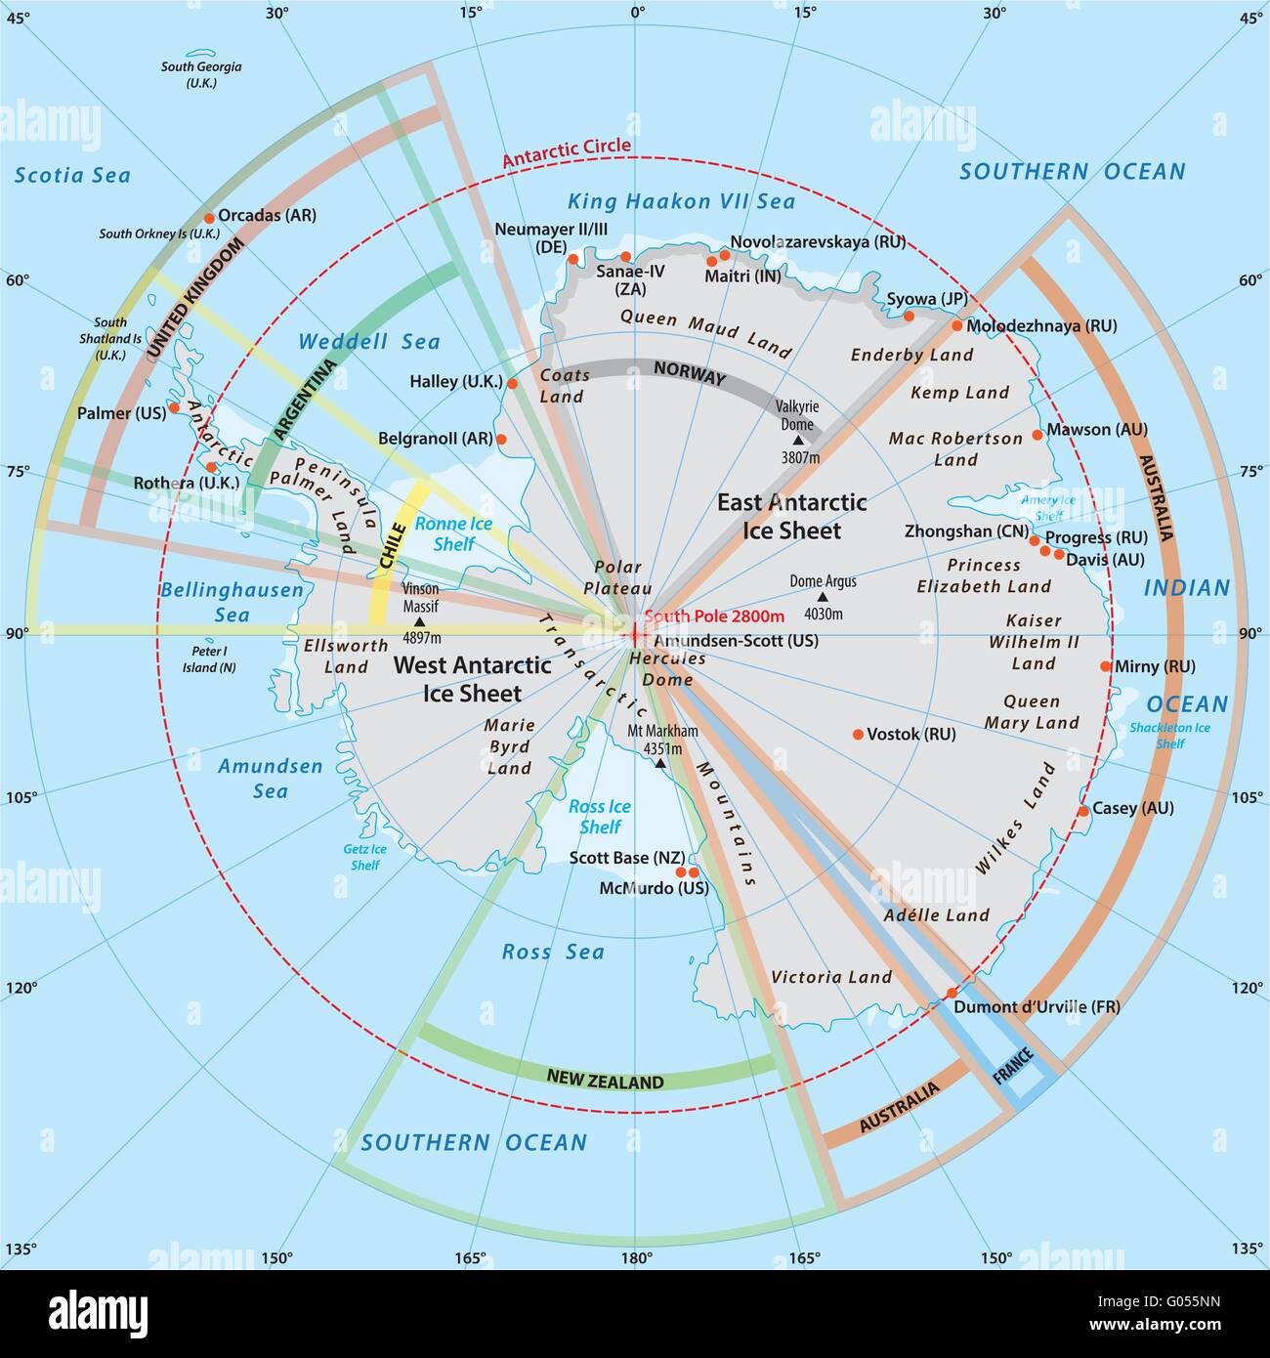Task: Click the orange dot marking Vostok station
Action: click(x=858, y=734)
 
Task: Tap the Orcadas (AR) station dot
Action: click(x=209, y=218)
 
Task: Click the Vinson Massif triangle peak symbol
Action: click(x=420, y=620)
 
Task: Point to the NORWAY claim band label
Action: click(x=690, y=373)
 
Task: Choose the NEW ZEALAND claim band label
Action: click(x=605, y=1081)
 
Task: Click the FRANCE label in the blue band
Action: click(x=1012, y=1063)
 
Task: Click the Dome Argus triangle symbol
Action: click(x=823, y=597)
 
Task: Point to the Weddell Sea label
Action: click(x=369, y=342)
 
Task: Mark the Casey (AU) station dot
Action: click(x=1082, y=811)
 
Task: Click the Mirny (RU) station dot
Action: click(x=1106, y=666)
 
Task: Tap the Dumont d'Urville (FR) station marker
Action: click(x=952, y=994)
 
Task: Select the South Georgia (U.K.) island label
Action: click(x=201, y=75)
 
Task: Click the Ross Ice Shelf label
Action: click(x=600, y=817)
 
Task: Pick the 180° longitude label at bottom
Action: click(x=636, y=1258)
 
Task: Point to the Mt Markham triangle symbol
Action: click(x=659, y=762)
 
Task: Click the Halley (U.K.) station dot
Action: click(x=512, y=384)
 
